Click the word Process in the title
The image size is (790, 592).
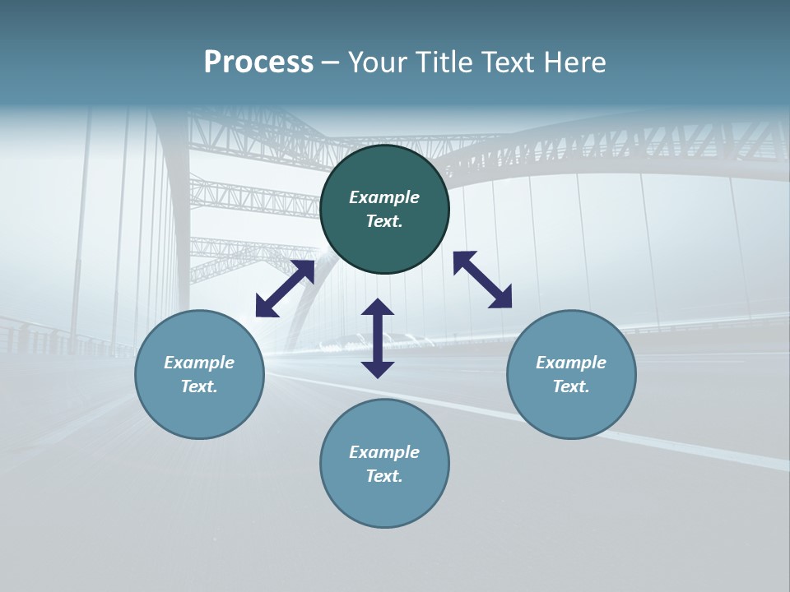pos(258,62)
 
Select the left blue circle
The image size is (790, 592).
pos(199,411)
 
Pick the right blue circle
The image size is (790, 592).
pos(571,411)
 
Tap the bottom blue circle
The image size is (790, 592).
pos(384,502)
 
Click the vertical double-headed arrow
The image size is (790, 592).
pos(378,338)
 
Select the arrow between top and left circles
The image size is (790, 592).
pos(285,289)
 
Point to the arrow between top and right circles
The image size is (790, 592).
pos(482,280)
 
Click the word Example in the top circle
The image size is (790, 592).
pos(384,197)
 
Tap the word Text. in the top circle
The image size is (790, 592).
pos(384,221)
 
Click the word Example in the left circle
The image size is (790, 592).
pos(199,363)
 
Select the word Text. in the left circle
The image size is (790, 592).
pos(199,386)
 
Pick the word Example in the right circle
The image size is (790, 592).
pos(571,363)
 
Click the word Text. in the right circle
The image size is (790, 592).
pos(571,386)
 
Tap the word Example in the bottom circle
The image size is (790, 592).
pos(384,452)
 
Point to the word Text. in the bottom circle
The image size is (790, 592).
pos(384,476)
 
